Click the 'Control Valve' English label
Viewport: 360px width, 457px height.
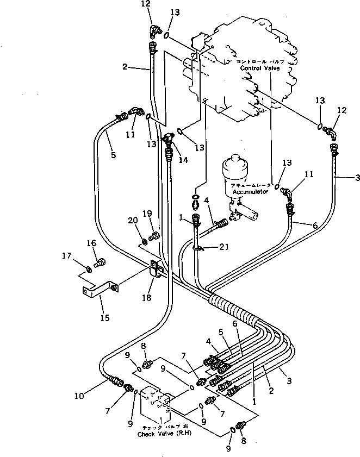pyautogui.click(x=256, y=70)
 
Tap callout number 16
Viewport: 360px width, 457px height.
pyautogui.click(x=91, y=244)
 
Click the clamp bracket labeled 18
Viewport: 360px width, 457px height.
pyautogui.click(x=156, y=270)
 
